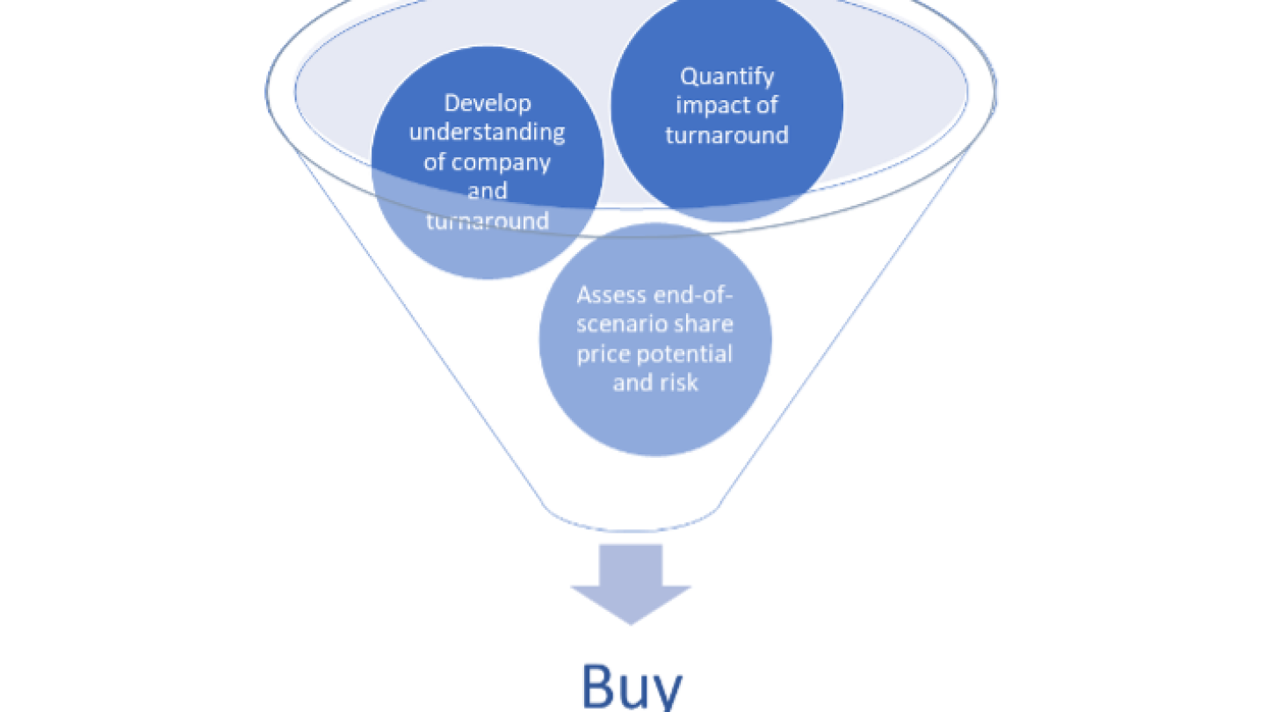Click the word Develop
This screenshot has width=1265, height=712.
click(x=488, y=103)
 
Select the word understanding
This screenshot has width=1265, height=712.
click(x=488, y=132)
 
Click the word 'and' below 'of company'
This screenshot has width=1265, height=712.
click(x=488, y=191)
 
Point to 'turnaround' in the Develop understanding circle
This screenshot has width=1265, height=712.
click(x=488, y=220)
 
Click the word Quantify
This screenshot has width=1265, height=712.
click(x=727, y=76)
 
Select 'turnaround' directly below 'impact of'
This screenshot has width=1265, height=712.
click(x=727, y=134)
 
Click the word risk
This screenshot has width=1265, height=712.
click(x=681, y=382)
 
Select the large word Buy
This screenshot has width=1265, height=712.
click(x=632, y=687)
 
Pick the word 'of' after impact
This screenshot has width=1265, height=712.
click(x=764, y=105)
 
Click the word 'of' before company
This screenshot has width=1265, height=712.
click(x=437, y=162)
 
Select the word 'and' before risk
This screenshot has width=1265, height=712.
click(x=632, y=382)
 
